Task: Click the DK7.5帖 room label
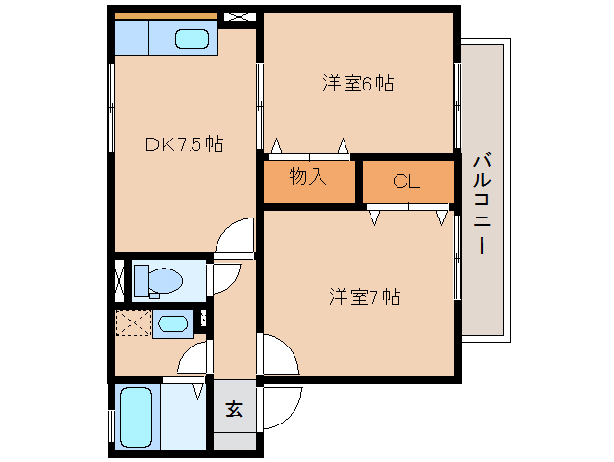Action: click(x=185, y=144)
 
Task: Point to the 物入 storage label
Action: click(x=308, y=177)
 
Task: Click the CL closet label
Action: click(x=406, y=181)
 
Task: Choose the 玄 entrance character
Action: click(x=233, y=408)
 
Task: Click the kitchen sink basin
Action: click(x=192, y=40)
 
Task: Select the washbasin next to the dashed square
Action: click(x=172, y=324)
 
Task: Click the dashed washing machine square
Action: click(x=133, y=324)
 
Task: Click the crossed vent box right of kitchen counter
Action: click(x=236, y=17)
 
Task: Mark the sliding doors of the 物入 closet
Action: click(x=310, y=153)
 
